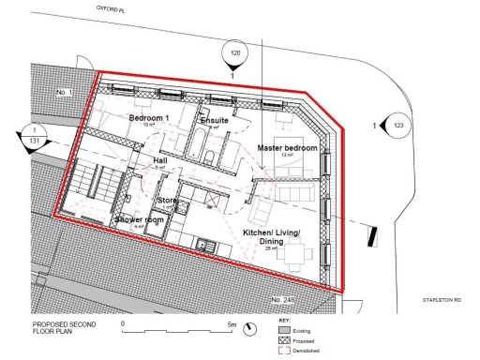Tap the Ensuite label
(215, 121)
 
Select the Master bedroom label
(287, 148)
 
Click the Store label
(167, 200)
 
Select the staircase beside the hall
(97, 180)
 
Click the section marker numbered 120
(235, 54)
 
